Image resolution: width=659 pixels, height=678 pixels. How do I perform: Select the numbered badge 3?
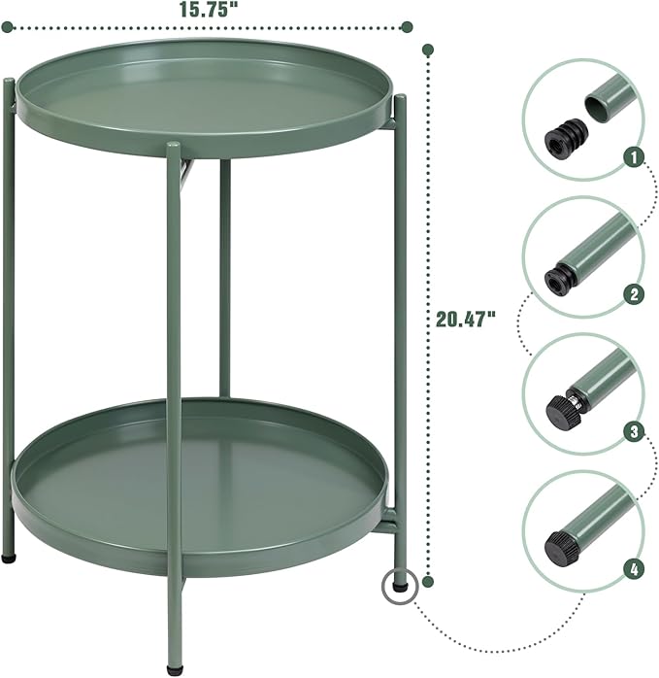(x=633, y=433)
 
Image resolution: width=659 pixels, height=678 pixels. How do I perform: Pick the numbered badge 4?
(x=633, y=571)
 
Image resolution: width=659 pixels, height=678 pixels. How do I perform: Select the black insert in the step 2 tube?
(x=556, y=280)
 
